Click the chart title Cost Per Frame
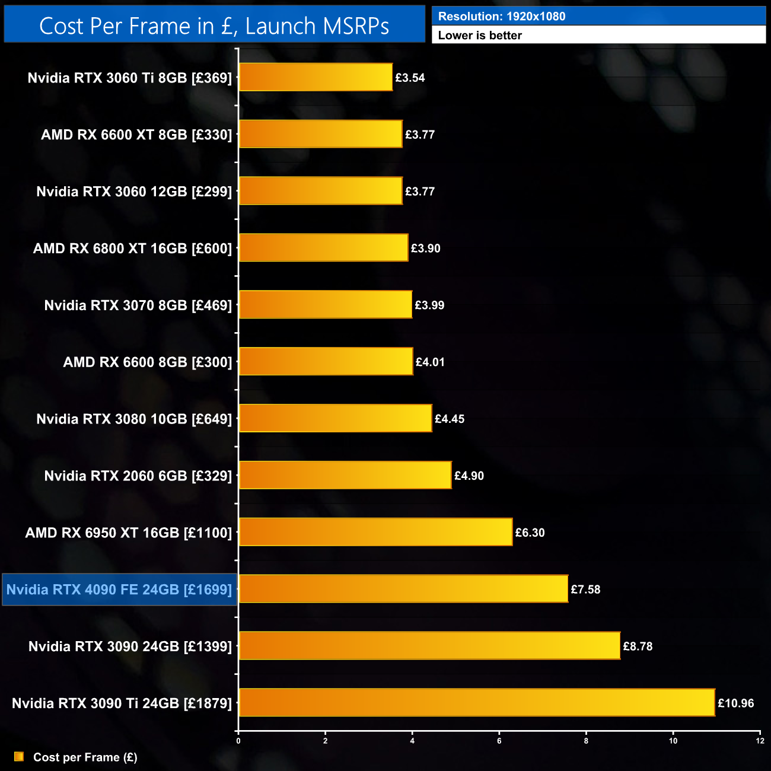[x=214, y=26]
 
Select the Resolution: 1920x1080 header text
[x=502, y=17]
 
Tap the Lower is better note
[x=480, y=36]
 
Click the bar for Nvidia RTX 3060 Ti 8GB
[x=316, y=77]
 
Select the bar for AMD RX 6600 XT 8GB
[x=320, y=134]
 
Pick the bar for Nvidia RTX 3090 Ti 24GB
[x=477, y=703]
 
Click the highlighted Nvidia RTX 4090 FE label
[x=119, y=590]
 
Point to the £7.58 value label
[x=585, y=590]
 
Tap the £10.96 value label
[x=735, y=703]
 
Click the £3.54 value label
[x=410, y=78]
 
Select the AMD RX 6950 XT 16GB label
[x=129, y=533]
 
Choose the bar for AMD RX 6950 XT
[x=375, y=532]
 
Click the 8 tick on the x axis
[x=586, y=741]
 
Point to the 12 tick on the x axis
[x=760, y=741]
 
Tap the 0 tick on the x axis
[x=238, y=741]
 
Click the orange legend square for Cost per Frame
[x=19, y=757]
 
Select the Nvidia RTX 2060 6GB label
[x=138, y=476]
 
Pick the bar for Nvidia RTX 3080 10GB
[x=335, y=418]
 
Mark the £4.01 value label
[x=430, y=362]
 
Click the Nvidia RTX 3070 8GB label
[x=138, y=305]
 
